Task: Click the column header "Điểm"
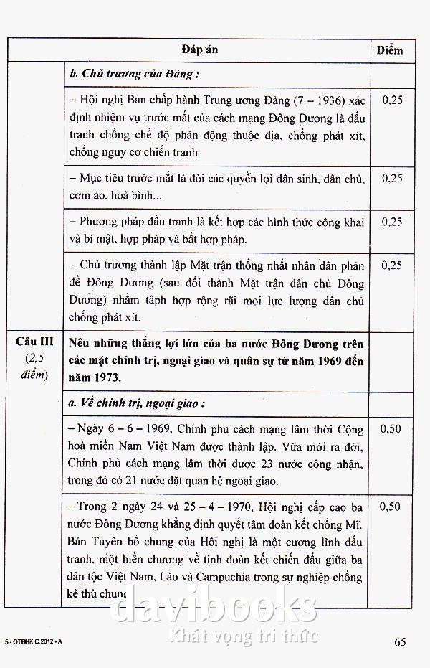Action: (390, 50)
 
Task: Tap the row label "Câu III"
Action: (35, 342)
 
